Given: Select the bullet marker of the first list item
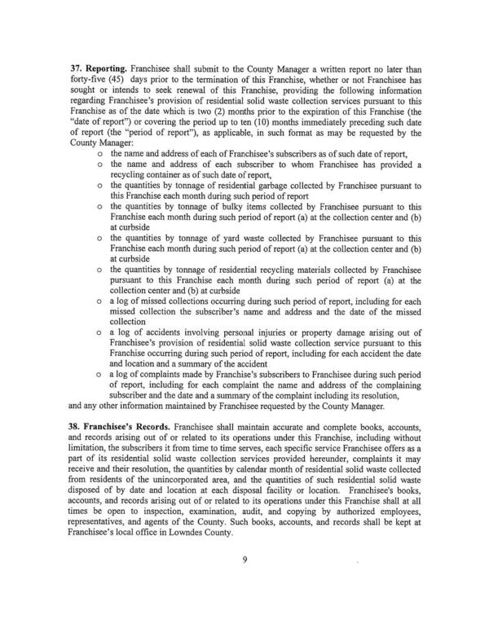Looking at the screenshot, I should pyautogui.click(x=99, y=152).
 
